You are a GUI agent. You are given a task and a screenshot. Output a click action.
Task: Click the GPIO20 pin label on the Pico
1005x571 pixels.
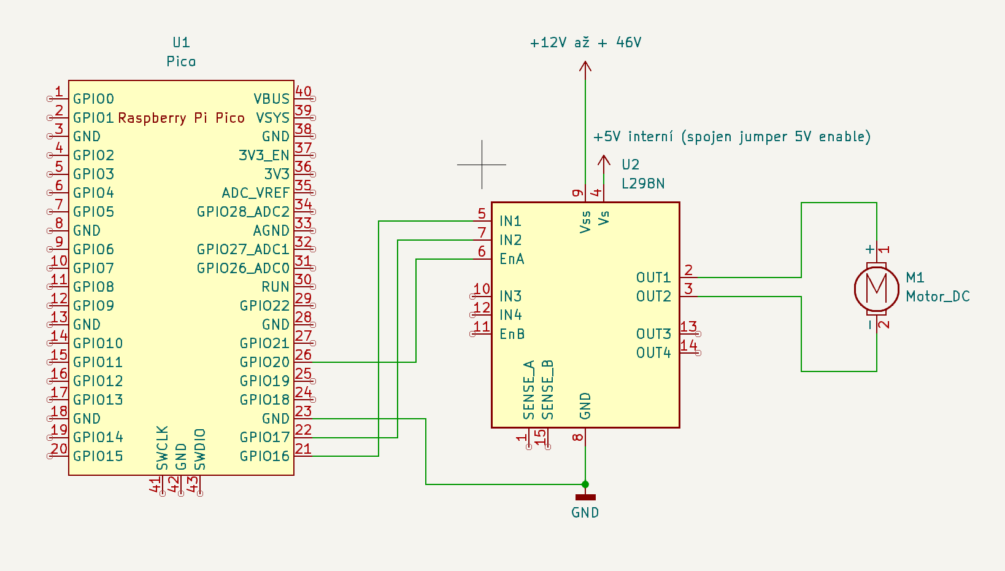pyautogui.click(x=264, y=362)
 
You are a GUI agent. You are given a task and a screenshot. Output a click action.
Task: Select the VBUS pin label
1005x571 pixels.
pyautogui.click(x=271, y=99)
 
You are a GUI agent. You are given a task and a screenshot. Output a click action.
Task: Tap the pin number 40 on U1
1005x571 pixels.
pyautogui.click(x=303, y=91)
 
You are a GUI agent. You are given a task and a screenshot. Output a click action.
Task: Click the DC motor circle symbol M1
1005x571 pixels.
pyautogui.click(x=876, y=287)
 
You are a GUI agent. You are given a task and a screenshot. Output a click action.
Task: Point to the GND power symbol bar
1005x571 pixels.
pyautogui.click(x=585, y=497)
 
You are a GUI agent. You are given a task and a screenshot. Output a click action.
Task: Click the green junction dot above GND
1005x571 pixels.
pyautogui.click(x=585, y=484)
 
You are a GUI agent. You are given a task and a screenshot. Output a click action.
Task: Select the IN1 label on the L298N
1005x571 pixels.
pyautogui.click(x=510, y=221)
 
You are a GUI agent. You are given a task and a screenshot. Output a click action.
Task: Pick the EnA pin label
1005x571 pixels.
pyautogui.click(x=512, y=259)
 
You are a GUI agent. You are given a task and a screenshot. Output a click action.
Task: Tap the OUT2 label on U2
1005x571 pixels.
pyautogui.click(x=653, y=297)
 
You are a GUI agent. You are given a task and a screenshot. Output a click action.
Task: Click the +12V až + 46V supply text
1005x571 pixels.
pyautogui.click(x=585, y=42)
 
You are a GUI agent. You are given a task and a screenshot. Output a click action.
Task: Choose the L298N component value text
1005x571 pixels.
pyautogui.click(x=643, y=184)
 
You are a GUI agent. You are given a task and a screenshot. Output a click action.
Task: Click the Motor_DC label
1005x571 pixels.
pyautogui.click(x=938, y=297)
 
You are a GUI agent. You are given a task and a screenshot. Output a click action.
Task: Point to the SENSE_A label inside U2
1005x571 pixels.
pyautogui.click(x=529, y=390)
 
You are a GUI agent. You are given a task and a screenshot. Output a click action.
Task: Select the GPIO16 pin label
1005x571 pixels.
pyautogui.click(x=264, y=456)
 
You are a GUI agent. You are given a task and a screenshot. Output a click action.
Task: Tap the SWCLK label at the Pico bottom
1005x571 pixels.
pyautogui.click(x=162, y=448)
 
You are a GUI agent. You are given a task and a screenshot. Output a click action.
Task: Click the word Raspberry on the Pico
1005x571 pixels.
pyautogui.click(x=152, y=118)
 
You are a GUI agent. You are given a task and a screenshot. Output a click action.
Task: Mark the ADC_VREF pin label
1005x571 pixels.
pyautogui.click(x=255, y=193)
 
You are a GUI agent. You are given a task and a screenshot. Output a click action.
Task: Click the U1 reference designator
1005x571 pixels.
pyautogui.click(x=181, y=42)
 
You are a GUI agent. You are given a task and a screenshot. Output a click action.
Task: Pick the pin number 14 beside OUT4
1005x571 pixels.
pyautogui.click(x=688, y=345)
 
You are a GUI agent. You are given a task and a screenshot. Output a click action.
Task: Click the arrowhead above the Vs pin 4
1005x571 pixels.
pyautogui.click(x=604, y=160)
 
